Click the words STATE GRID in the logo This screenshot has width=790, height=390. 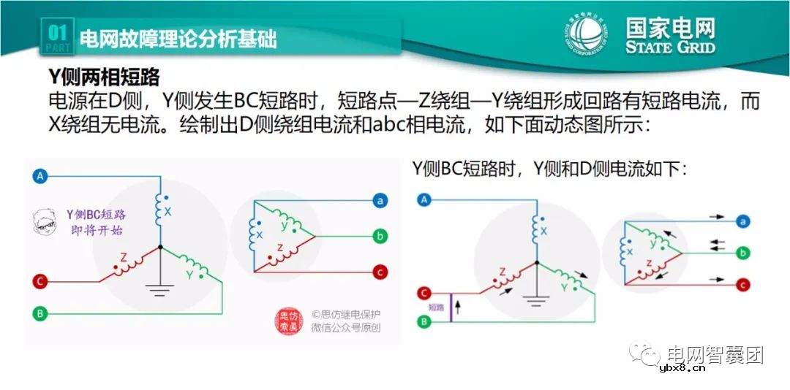[670, 47]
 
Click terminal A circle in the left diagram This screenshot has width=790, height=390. [41, 176]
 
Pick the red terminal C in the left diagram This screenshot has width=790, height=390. [41, 280]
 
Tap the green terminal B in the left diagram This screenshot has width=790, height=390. [41, 313]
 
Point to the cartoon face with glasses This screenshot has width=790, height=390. [47, 223]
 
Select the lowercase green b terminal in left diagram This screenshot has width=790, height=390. [380, 236]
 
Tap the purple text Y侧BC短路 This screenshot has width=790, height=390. [96, 215]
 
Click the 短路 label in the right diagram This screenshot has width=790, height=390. [436, 307]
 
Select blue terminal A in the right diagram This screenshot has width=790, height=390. [425, 199]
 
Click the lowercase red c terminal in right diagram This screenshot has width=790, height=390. [743, 284]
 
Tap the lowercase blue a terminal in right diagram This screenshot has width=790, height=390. [743, 221]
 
